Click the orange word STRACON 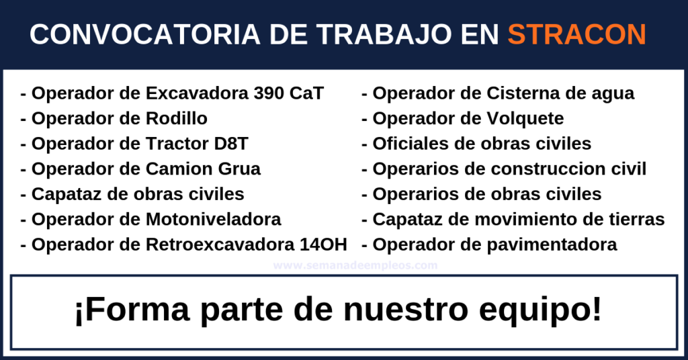click(577, 34)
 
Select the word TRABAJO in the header click(384, 34)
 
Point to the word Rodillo click(177, 118)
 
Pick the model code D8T click(231, 143)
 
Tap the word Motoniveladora click(213, 219)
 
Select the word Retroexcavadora click(220, 244)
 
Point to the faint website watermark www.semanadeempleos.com click(355, 265)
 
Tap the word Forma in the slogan click(132, 310)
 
